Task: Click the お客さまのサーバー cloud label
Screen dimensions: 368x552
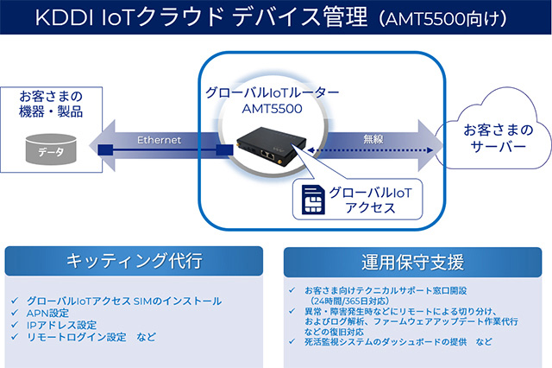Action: coord(494,139)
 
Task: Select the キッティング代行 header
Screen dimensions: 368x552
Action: coord(135,260)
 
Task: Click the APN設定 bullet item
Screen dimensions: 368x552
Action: coord(51,313)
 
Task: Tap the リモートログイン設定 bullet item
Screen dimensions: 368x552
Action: coord(85,336)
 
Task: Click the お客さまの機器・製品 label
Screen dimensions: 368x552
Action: coord(52,105)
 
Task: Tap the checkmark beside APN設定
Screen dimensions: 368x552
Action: coord(16,313)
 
